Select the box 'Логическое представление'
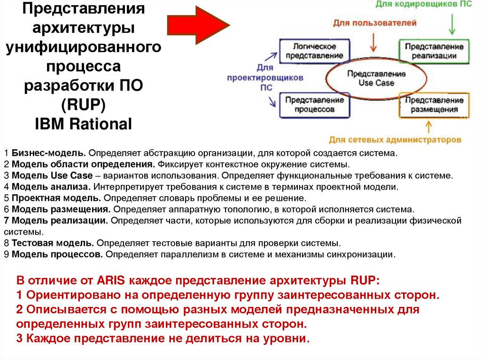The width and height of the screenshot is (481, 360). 315,51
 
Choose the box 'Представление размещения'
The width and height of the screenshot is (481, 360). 434,104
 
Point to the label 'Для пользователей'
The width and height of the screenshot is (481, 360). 375,23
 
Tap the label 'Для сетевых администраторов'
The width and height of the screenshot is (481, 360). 395,140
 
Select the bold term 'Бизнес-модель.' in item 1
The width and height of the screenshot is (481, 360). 49,153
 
